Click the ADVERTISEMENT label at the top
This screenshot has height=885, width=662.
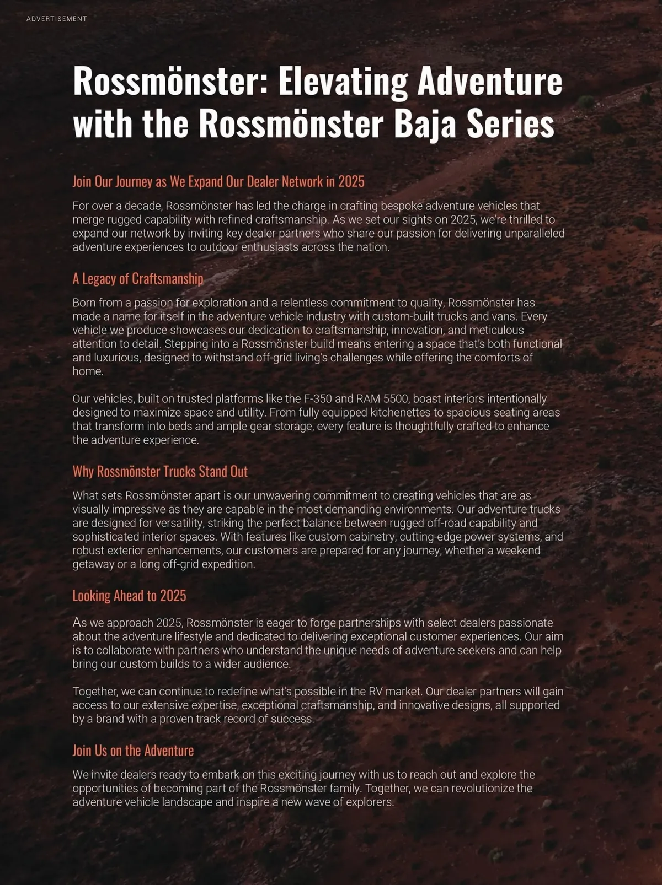tap(57, 19)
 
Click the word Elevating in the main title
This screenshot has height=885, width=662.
tap(343, 81)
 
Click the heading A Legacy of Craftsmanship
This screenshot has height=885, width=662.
tap(138, 279)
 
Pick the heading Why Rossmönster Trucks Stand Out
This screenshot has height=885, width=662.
tap(160, 472)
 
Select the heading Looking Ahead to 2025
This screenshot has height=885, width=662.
tap(129, 596)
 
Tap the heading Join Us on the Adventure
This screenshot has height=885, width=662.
tap(133, 751)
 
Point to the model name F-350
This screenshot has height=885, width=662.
tap(318, 399)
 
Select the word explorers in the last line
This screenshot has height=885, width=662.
tap(370, 802)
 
